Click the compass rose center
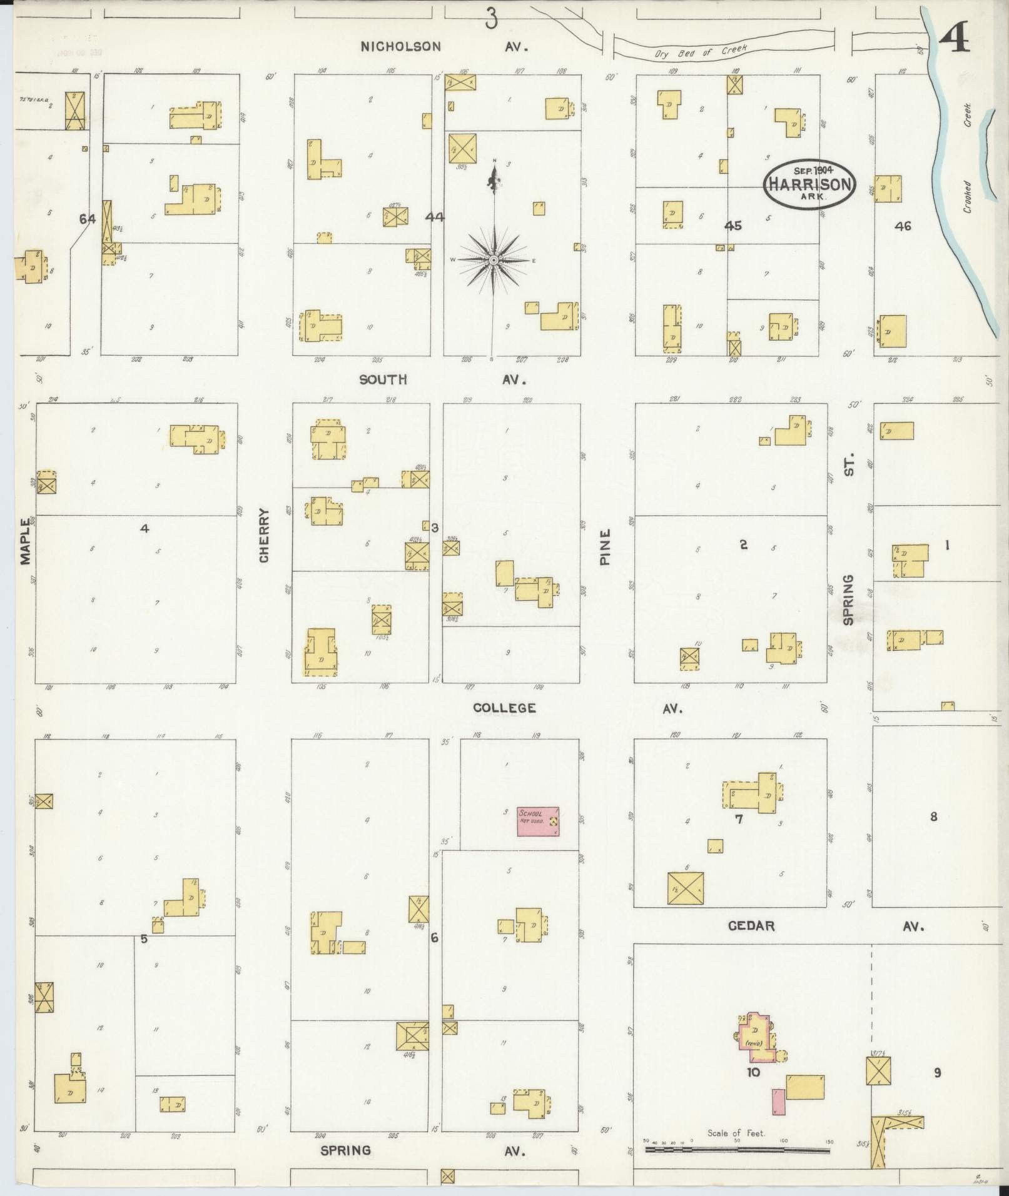(494, 259)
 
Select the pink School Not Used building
(537, 822)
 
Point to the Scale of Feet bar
(737, 1149)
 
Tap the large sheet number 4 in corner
(955, 39)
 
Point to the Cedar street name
(751, 926)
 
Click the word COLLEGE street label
(504, 708)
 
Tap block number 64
(88, 219)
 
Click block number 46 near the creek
(903, 226)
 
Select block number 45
(733, 226)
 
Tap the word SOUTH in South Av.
(383, 379)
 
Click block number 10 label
(753, 1072)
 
